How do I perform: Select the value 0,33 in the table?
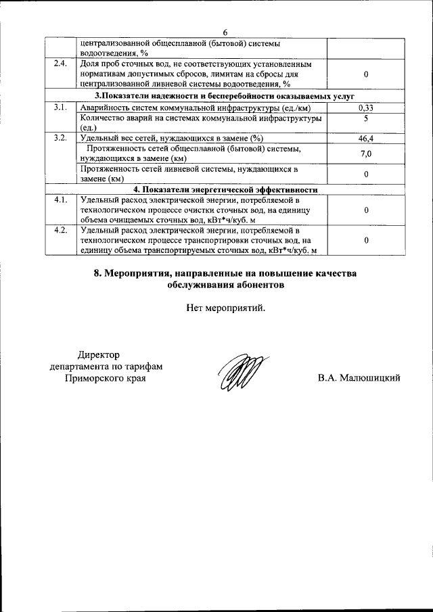coord(365,108)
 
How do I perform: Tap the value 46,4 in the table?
coord(365,138)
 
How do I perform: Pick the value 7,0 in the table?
coord(365,154)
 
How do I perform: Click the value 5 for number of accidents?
coord(365,118)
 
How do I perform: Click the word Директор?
coord(97,354)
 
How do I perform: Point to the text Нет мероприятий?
coord(226,308)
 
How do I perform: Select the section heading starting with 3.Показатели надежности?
coord(225,97)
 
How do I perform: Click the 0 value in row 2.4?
coord(365,74)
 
